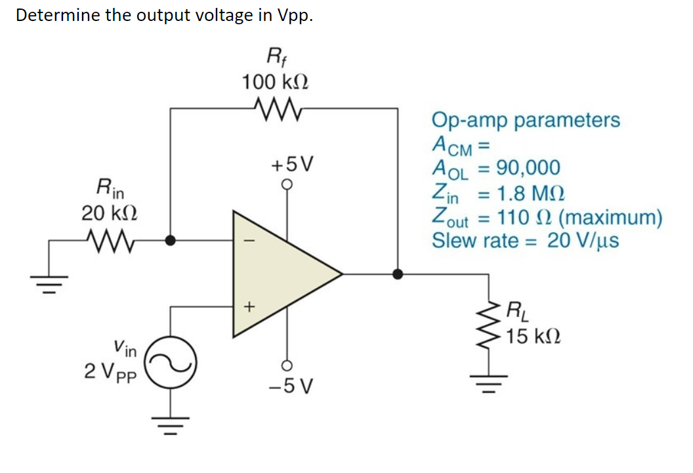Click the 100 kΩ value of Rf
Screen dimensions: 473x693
coord(275,83)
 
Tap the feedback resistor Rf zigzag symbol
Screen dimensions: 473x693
coord(275,107)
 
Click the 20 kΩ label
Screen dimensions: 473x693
coord(109,213)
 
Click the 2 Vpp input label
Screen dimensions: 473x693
coord(110,371)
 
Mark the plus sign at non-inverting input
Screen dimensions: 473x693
coord(247,306)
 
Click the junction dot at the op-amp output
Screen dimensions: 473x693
coord(398,274)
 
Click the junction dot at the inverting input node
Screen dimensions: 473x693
coord(171,241)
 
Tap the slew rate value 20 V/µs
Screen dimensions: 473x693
coord(583,240)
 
